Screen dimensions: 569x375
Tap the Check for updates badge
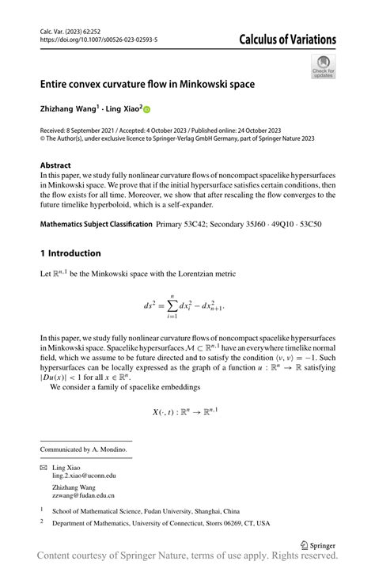[324, 66]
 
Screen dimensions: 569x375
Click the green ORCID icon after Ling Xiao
[146, 109]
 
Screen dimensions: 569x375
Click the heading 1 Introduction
[70, 253]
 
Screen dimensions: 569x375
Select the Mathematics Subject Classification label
[96, 225]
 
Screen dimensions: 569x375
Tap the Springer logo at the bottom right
[319, 544]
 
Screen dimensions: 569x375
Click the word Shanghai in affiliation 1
[205, 511]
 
